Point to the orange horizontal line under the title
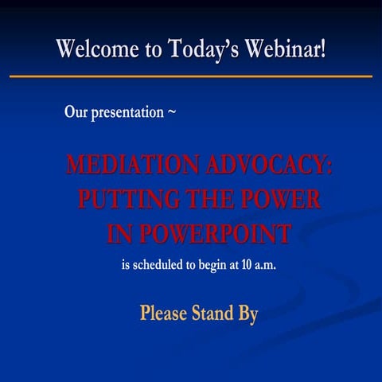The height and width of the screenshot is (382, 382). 191,76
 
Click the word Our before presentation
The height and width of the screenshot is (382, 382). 75,112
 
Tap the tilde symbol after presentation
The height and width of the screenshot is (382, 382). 171,112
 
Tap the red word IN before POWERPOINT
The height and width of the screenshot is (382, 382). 119,234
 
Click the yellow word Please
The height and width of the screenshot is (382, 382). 164,314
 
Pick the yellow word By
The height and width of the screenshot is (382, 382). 248,314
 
